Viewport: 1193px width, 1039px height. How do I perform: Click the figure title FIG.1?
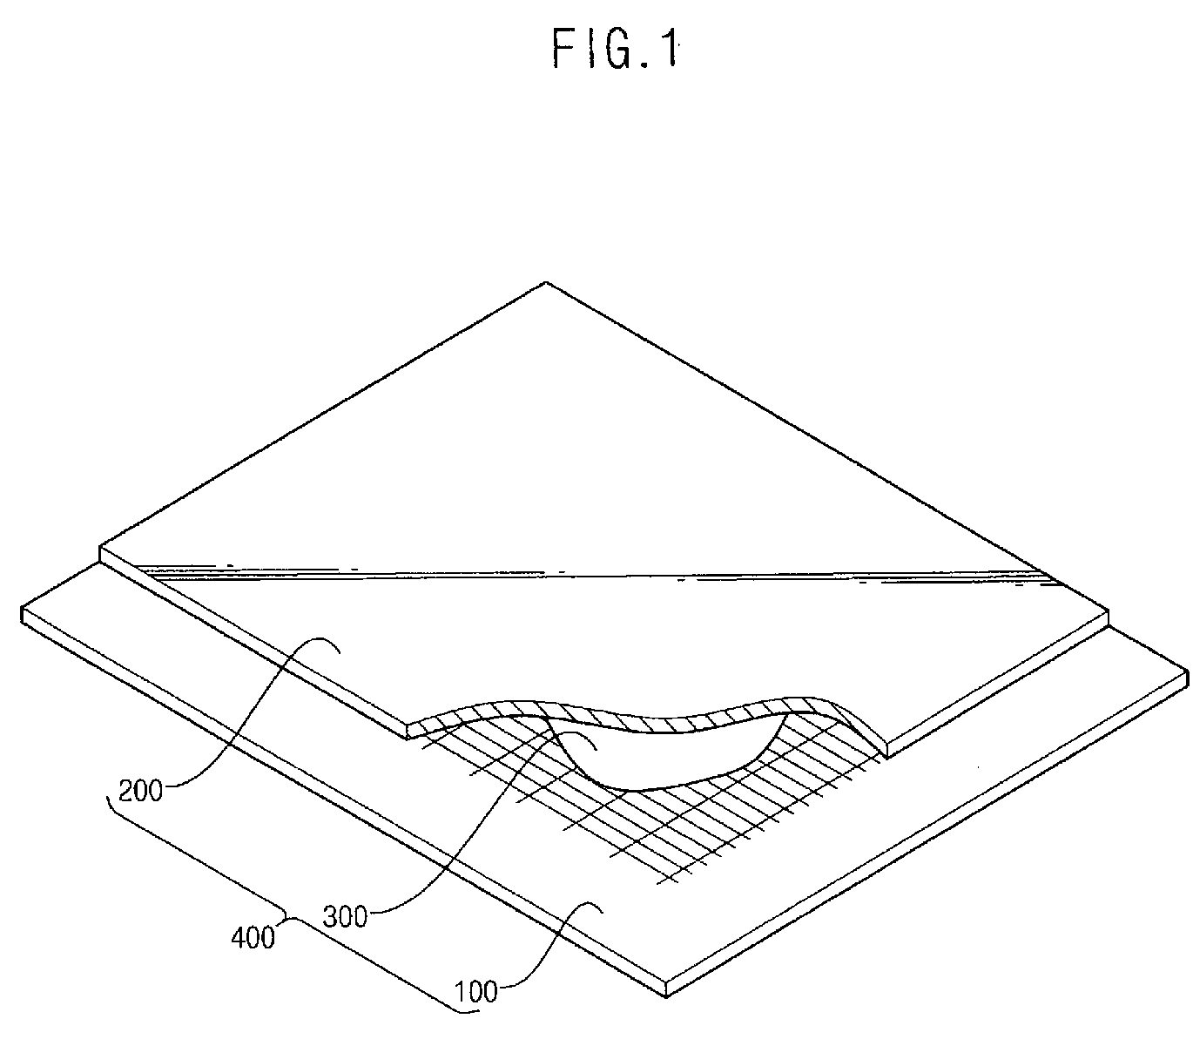pos(615,51)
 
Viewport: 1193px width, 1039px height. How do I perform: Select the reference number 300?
pos(346,915)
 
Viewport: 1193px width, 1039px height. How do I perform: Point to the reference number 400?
pos(253,938)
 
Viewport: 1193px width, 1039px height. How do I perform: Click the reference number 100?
pos(475,991)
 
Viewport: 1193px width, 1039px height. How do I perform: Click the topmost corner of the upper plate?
pos(545,283)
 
